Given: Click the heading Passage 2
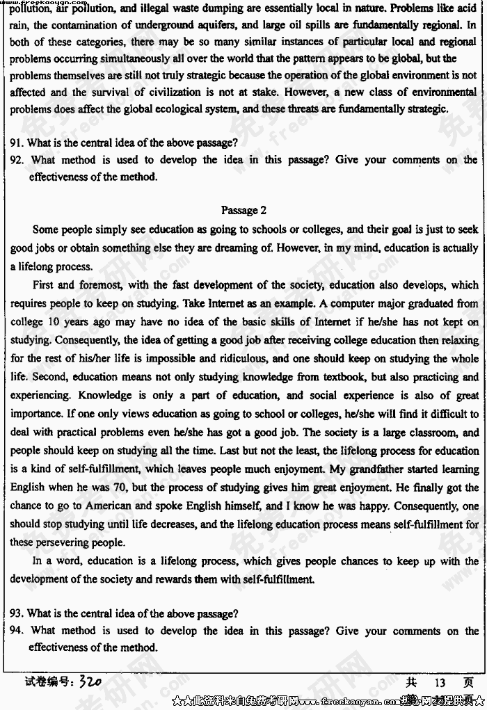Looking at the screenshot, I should [243, 210].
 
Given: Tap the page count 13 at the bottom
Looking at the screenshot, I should [440, 682].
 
